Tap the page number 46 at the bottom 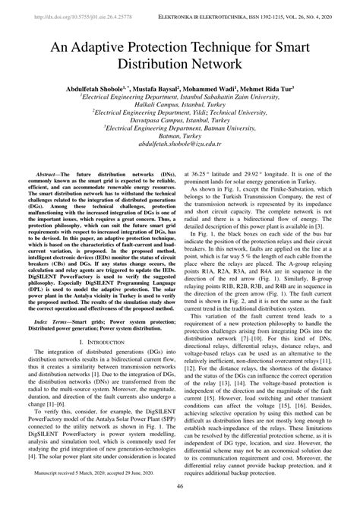180,487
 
